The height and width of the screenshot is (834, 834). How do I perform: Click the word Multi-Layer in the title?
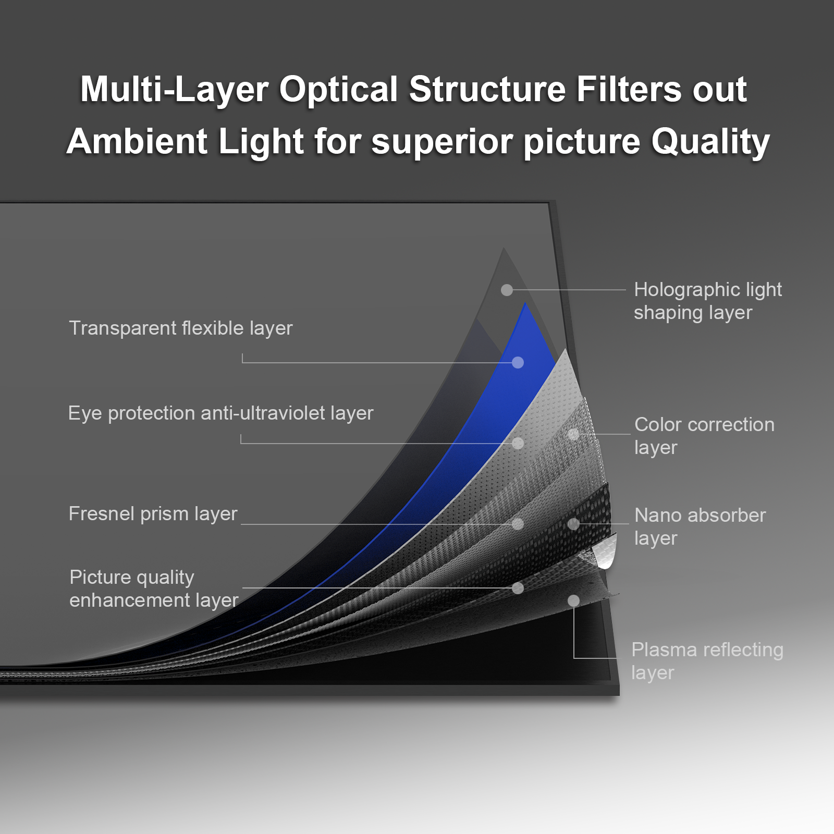pyautogui.click(x=174, y=90)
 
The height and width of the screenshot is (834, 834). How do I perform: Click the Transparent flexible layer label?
pyautogui.click(x=180, y=328)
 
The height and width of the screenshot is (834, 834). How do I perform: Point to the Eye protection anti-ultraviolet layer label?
pyautogui.click(x=220, y=413)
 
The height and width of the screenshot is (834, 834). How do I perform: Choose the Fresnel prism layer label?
pyautogui.click(x=153, y=514)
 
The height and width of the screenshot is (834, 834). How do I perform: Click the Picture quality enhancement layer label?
pyautogui.click(x=153, y=589)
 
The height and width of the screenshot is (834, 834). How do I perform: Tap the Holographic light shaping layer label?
pyautogui.click(x=707, y=301)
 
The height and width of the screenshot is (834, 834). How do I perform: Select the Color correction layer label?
pyautogui.click(x=704, y=436)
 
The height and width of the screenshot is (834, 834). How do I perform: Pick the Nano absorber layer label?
pyautogui.click(x=700, y=526)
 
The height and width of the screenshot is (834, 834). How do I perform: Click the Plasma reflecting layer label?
pyautogui.click(x=707, y=661)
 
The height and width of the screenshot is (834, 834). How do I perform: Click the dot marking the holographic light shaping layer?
pyautogui.click(x=507, y=290)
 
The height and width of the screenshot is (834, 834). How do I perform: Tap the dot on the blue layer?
pyautogui.click(x=518, y=362)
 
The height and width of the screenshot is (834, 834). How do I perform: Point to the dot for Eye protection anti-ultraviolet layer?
pyautogui.click(x=518, y=443)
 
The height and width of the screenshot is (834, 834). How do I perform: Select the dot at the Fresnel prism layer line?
pyautogui.click(x=518, y=524)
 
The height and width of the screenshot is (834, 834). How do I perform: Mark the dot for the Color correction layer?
pyautogui.click(x=573, y=434)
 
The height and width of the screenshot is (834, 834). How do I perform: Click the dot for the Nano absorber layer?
pyautogui.click(x=573, y=524)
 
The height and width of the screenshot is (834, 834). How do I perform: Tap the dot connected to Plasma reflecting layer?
pyautogui.click(x=573, y=601)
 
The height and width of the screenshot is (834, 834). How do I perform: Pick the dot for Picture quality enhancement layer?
pyautogui.click(x=518, y=588)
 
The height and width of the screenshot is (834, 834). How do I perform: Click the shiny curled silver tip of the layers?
pyautogui.click(x=605, y=556)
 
